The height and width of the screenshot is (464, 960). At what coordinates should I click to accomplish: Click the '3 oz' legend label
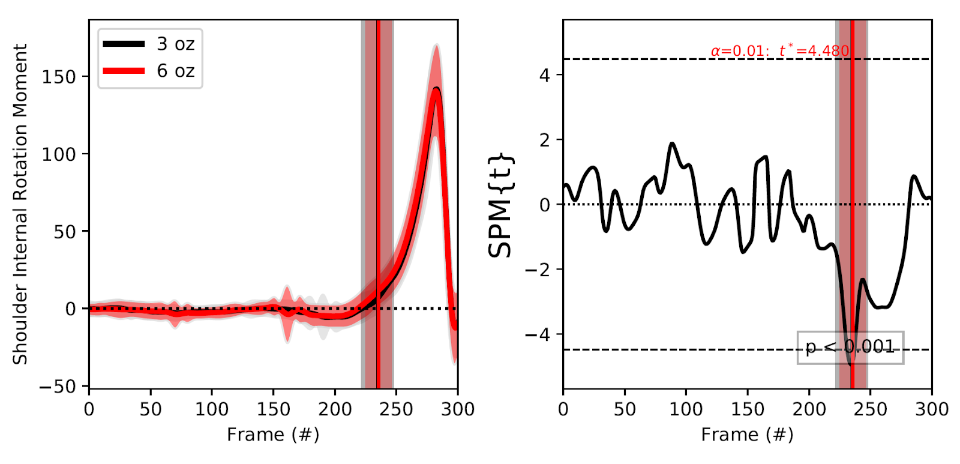[x=175, y=44]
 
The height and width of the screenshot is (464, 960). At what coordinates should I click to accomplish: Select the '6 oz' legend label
[x=175, y=71]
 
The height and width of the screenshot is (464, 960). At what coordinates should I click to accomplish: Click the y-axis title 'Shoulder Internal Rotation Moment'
[x=20, y=204]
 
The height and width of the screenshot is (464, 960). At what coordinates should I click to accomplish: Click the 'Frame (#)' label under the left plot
[x=273, y=434]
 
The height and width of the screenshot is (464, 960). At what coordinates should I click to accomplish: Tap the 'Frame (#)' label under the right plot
[x=747, y=434]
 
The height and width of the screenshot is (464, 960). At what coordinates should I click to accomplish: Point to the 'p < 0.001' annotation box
[x=850, y=348]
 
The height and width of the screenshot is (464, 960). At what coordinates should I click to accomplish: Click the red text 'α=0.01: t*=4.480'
[x=780, y=51]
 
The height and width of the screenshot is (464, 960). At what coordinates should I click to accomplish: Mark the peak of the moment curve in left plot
[x=437, y=89]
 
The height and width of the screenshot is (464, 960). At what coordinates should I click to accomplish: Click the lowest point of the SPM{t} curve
[x=850, y=364]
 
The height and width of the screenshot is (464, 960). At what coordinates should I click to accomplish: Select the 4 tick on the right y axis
[x=544, y=75]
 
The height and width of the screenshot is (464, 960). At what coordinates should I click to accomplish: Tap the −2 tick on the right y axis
[x=538, y=270]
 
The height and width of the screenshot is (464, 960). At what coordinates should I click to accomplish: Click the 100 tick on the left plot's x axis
[x=212, y=409]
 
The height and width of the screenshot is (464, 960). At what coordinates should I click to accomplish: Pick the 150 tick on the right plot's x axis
[x=748, y=409]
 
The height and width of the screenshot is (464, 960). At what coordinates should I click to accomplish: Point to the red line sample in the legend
[x=124, y=71]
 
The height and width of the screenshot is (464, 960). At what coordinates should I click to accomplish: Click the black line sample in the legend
[x=124, y=44]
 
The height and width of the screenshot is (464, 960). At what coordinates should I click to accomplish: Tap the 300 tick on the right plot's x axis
[x=931, y=409]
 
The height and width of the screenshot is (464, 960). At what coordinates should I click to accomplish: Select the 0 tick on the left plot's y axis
[x=71, y=309]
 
